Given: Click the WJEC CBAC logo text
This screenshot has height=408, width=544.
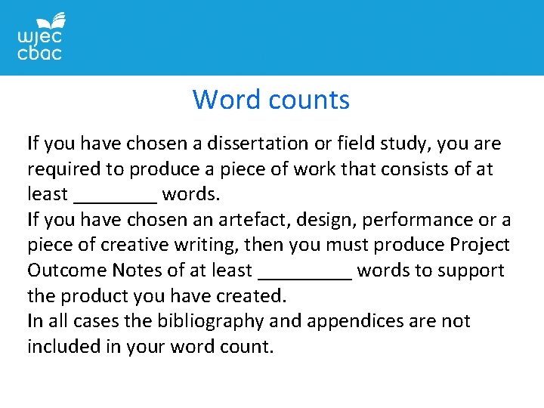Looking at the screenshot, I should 39,45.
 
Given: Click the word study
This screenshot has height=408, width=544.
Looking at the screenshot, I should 382,144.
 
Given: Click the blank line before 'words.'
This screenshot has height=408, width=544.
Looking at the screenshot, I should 116,198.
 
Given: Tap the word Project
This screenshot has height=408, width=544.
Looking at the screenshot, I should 480,246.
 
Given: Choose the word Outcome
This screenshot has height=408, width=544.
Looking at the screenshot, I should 66,270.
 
